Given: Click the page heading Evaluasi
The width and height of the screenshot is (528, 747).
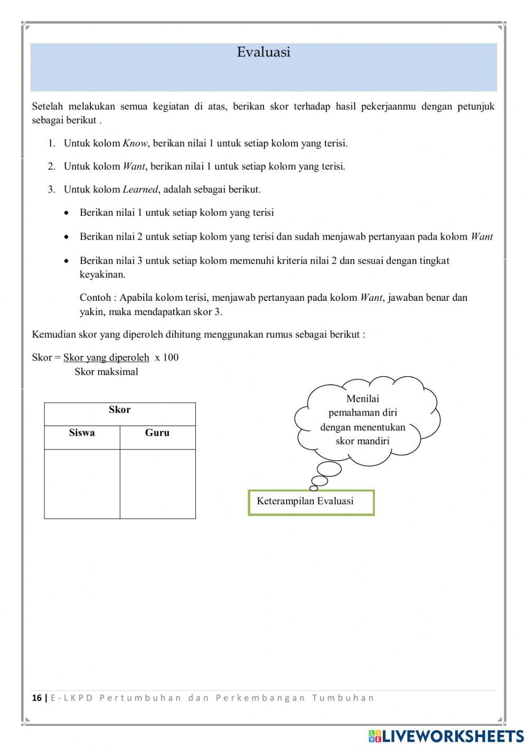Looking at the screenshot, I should (263, 52).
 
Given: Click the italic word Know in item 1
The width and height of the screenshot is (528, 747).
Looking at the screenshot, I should (135, 143).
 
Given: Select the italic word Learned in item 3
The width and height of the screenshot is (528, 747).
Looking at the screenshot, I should (140, 189).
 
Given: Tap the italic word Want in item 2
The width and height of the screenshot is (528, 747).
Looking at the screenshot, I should (134, 167).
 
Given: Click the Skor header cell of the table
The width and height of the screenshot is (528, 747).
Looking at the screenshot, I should (120, 410).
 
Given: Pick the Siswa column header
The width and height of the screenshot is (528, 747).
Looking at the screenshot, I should (82, 433).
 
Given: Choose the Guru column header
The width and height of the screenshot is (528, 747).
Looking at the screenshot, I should (157, 433).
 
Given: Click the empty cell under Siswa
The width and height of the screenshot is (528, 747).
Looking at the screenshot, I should (82, 483).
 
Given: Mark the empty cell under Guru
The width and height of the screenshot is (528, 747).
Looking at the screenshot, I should (157, 483).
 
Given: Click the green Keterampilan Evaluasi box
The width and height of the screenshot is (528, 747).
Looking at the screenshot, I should (311, 502).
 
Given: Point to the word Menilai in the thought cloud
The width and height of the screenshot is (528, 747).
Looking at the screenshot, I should (363, 399).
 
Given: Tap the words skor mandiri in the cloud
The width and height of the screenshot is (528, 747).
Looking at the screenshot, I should (363, 441).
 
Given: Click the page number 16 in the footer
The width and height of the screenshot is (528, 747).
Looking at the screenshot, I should (36, 698).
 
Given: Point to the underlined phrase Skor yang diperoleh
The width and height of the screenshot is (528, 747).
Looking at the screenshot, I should (106, 357).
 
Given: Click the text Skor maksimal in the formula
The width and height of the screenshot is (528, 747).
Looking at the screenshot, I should (106, 372).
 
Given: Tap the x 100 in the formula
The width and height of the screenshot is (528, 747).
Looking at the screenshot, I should (167, 357).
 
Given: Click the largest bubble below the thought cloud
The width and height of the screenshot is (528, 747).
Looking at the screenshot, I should (329, 469).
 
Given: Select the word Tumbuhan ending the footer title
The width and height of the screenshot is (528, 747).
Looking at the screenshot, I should (343, 698).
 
